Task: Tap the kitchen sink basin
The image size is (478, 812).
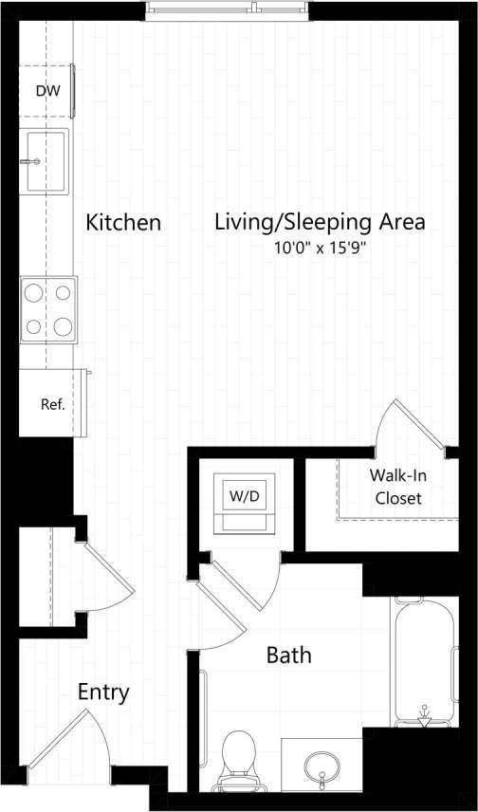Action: (x=46, y=161)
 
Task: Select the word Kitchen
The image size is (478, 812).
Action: (x=123, y=223)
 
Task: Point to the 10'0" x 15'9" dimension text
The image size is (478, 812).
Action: (x=319, y=249)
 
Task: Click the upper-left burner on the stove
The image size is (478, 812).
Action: (x=33, y=293)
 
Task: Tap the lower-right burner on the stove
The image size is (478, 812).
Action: (x=64, y=326)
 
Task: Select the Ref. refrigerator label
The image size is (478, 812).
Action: (x=52, y=404)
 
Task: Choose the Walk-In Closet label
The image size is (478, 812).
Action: (x=398, y=486)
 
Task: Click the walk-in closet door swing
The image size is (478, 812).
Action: (x=408, y=427)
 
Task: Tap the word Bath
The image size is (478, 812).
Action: (x=288, y=655)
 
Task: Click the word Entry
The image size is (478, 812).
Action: (x=103, y=692)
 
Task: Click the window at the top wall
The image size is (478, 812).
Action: (x=228, y=10)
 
